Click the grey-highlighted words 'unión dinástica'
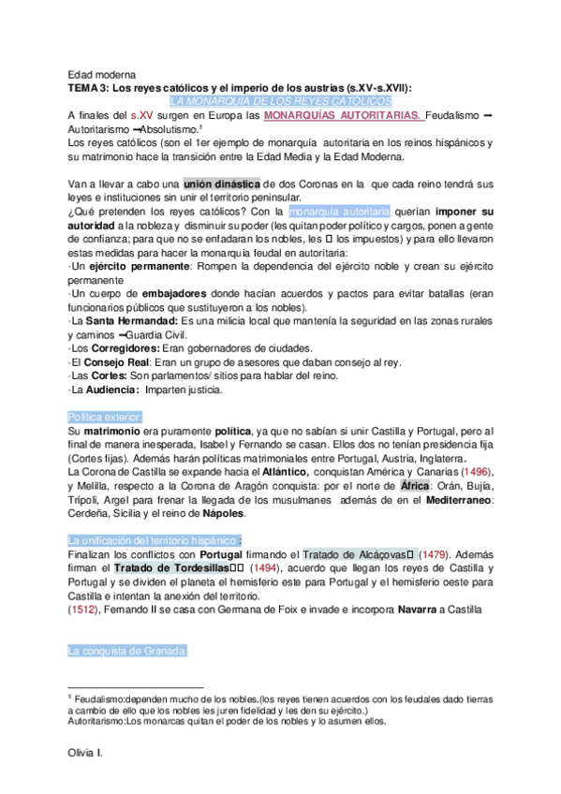click(x=223, y=184)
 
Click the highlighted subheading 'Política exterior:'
click(x=105, y=416)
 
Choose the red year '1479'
click(x=436, y=554)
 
